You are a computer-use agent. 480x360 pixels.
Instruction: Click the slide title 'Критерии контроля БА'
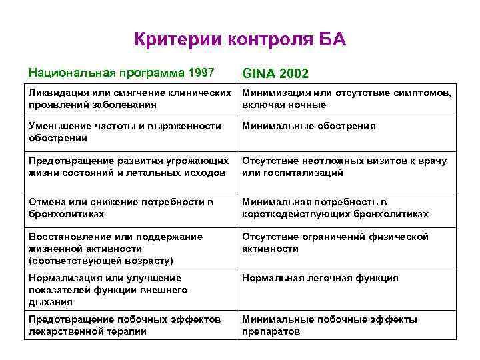[x=240, y=39]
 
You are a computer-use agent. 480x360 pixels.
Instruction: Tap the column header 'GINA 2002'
[x=275, y=73]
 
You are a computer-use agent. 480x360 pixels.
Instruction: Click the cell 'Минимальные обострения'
[x=309, y=126]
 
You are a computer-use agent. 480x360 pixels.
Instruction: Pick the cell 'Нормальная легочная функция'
[x=320, y=278]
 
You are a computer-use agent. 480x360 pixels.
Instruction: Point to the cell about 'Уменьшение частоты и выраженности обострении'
[x=125, y=132]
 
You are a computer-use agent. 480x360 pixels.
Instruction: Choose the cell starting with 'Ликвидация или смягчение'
[x=130, y=99]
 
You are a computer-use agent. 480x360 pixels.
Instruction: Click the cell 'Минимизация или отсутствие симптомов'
[x=347, y=99]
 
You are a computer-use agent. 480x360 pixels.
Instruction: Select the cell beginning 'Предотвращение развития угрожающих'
[x=130, y=167]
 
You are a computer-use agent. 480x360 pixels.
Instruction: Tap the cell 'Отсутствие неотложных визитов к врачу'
[x=344, y=167]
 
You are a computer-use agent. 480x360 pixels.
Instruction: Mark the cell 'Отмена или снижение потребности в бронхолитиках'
[x=121, y=208]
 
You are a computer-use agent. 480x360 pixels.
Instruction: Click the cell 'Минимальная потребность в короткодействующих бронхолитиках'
[x=335, y=208]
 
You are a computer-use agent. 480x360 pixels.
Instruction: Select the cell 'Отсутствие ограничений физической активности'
[x=335, y=243]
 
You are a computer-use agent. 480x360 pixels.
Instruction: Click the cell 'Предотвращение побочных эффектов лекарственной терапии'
[x=125, y=325]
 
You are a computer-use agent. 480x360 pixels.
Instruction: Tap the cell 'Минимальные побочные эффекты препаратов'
[x=329, y=325]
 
